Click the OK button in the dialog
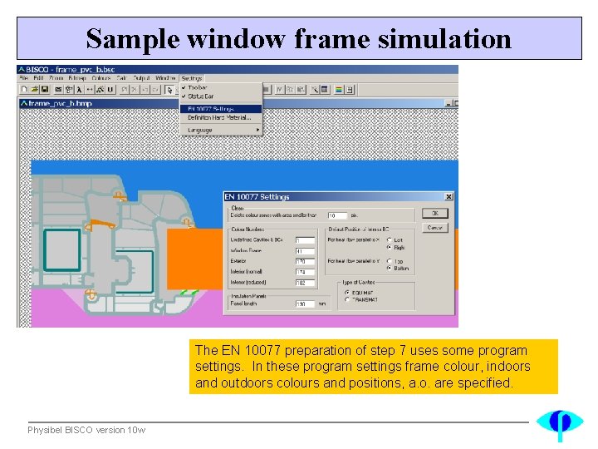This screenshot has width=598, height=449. (434, 214)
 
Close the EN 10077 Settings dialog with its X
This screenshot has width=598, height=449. (448, 197)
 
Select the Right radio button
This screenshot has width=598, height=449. (390, 248)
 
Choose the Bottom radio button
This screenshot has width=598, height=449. (390, 268)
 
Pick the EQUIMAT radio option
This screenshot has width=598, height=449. (347, 292)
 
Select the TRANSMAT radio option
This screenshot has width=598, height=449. (347, 299)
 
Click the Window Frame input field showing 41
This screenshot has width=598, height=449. (305, 251)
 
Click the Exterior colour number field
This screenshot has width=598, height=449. (305, 262)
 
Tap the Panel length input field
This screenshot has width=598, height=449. (305, 303)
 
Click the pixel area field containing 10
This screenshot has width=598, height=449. (336, 215)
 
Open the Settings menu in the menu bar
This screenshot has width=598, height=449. (191, 78)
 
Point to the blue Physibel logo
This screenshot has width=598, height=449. (559, 423)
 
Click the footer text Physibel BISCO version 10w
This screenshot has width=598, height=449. (86, 430)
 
